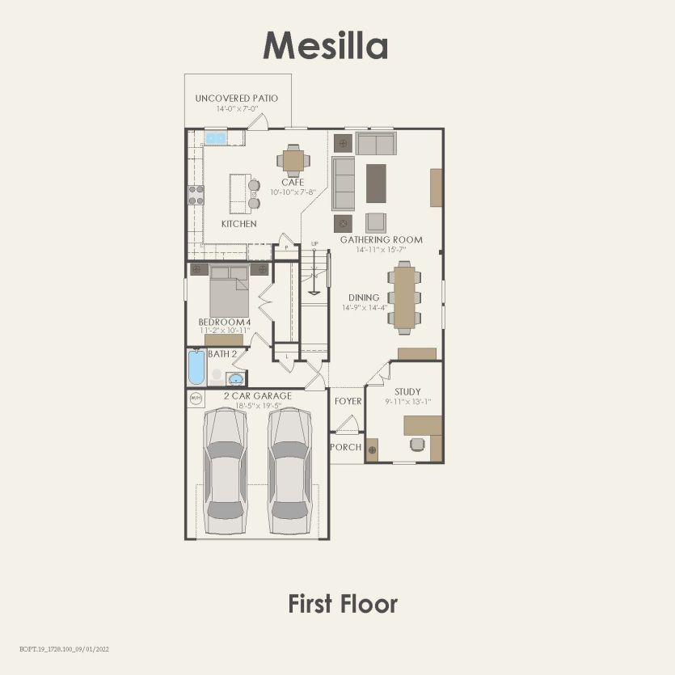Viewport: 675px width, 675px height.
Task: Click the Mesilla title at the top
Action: [x=325, y=45]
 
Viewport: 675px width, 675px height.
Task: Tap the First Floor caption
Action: [x=343, y=603]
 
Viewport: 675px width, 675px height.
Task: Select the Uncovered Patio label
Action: [x=236, y=98]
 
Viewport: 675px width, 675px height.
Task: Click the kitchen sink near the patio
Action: [x=215, y=138]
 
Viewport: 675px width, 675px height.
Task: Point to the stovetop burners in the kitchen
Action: [x=196, y=195]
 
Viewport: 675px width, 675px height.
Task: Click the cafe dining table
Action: [x=293, y=159]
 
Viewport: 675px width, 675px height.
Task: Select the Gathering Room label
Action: [x=381, y=240]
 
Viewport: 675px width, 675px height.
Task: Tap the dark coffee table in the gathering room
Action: [x=377, y=183]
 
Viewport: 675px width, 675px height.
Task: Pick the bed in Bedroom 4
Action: [x=229, y=292]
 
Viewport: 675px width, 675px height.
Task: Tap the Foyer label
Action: [x=348, y=401]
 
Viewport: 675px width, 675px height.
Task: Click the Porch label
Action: [x=345, y=447]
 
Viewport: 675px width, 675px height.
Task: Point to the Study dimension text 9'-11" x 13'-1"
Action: [x=407, y=401]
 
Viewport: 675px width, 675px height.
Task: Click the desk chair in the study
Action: [x=417, y=443]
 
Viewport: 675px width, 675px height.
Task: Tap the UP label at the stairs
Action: [x=314, y=243]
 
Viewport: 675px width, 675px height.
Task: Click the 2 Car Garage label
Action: [x=257, y=396]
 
